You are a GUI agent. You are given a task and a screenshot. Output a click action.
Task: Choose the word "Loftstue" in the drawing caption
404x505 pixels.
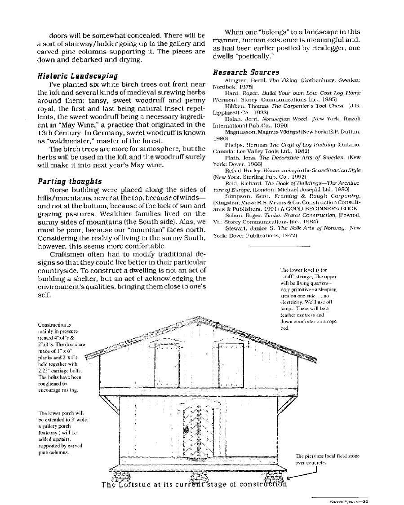click(132, 484)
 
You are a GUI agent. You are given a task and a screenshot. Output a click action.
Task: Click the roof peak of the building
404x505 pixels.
click(199, 308)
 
